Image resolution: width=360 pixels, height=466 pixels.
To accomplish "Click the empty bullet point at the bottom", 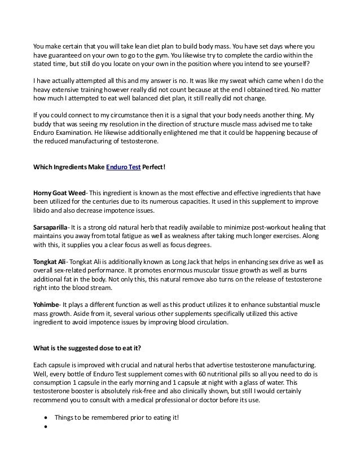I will (x=45, y=427).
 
